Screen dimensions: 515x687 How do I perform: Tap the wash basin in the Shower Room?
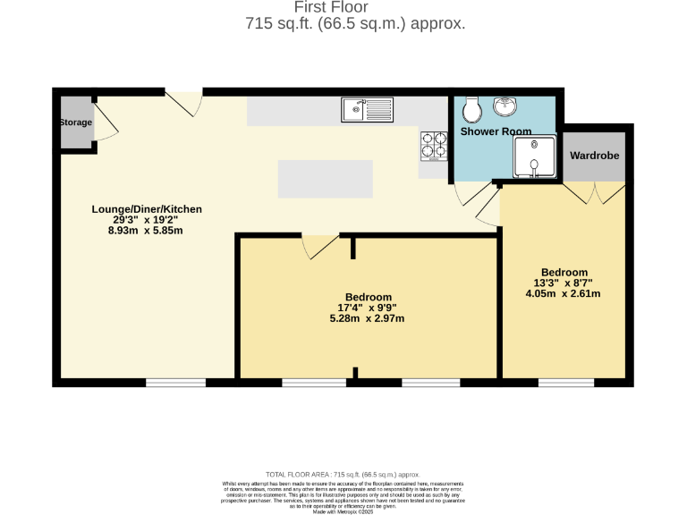505,106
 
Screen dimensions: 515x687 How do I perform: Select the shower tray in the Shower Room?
533,159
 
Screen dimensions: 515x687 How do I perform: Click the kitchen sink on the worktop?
367,110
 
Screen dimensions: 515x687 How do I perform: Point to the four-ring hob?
434,145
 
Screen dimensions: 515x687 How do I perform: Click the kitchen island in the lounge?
325,179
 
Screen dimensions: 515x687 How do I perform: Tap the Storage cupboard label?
75,122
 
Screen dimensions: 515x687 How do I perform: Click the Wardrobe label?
595,156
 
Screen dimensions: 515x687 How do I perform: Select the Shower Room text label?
496,131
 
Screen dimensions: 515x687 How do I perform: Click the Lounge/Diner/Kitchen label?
147,209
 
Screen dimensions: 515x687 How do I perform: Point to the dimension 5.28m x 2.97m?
368,318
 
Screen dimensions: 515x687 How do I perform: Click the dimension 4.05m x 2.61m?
564,293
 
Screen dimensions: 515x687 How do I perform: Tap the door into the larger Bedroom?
319,245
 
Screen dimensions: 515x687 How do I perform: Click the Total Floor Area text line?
343,474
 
